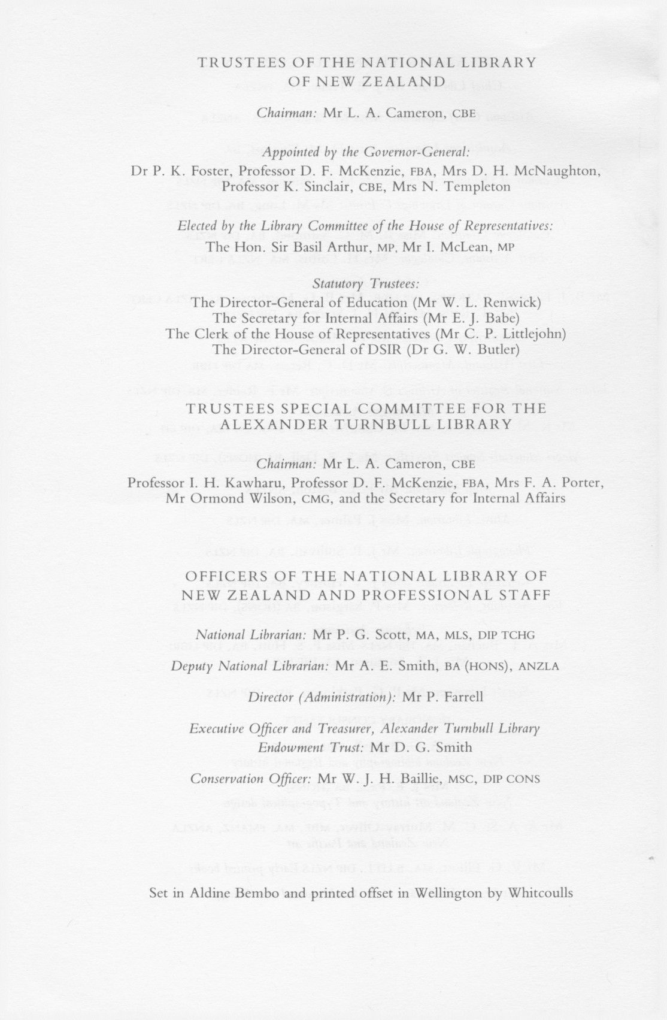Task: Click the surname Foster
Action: [196, 171]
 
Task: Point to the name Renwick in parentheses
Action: [514, 302]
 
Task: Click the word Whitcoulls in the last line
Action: [540, 893]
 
